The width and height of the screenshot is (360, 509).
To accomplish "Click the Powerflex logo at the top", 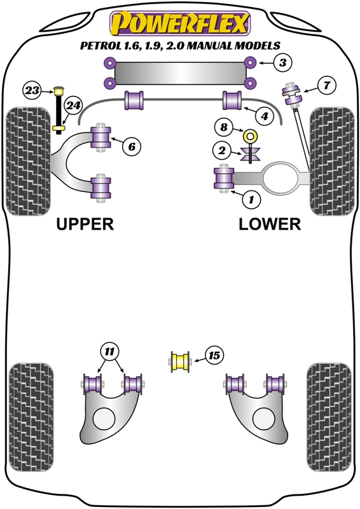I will coord(180,24).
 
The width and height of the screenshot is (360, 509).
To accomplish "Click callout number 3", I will coord(284,62).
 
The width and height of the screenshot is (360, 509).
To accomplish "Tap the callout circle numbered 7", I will coord(326,85).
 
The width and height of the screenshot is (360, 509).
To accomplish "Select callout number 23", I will coord(32,90).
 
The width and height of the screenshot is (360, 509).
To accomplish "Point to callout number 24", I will coord(74,106).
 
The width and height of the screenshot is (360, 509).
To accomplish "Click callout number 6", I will coord(132,147).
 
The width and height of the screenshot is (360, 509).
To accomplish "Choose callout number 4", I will coord(265,116).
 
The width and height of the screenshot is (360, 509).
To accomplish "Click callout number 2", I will coord(221,151).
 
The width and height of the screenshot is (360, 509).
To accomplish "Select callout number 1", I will coord(251,200).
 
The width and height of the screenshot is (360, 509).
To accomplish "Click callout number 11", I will coord(109,351).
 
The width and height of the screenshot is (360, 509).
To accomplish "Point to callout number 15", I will coord(214,356).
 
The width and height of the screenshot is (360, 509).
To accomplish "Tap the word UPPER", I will coord(85,224).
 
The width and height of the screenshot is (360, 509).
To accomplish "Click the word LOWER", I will coord(270,224).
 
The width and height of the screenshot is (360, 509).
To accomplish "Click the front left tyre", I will coord(27,162).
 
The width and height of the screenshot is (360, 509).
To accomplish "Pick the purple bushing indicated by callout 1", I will coord(225,178).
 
